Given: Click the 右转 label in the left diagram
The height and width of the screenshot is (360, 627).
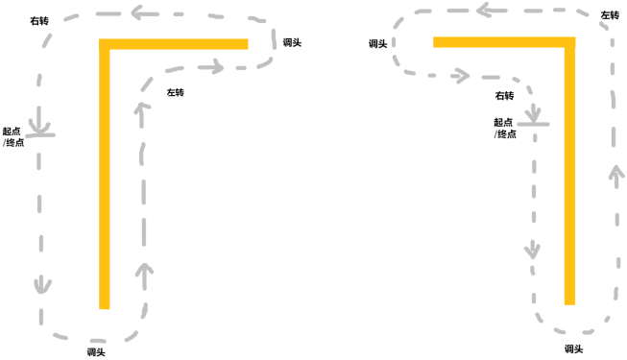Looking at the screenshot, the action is (39, 20).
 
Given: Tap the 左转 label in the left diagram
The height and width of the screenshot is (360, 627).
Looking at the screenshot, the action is (175, 92).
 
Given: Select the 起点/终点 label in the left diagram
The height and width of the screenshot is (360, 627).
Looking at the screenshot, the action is (13, 136).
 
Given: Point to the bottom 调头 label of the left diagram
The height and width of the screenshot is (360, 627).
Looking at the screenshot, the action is (96, 352).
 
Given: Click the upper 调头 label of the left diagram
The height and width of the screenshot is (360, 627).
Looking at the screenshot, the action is (292, 42).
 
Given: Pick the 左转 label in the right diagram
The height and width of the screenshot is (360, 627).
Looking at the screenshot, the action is (610, 15).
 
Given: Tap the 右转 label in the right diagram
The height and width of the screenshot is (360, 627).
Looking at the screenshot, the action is (504, 96).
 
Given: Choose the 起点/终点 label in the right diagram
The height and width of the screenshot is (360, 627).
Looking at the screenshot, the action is (505, 128).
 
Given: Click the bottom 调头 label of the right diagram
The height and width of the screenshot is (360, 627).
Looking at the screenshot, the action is (574, 348).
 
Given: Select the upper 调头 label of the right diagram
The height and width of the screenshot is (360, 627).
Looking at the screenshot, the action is (378, 43).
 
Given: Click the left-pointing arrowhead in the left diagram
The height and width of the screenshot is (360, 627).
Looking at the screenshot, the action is (138, 12).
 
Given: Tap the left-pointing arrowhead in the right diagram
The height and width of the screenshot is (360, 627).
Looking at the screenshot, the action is (484, 10).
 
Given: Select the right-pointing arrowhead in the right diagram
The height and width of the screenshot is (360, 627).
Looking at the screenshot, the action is (463, 76).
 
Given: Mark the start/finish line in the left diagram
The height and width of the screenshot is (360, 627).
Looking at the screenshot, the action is (40, 134).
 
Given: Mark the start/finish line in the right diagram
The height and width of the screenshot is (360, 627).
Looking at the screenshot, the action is (534, 125).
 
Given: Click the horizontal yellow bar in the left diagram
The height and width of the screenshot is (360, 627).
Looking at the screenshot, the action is (174, 44).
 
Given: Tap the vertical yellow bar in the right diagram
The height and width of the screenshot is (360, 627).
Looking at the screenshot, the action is (569, 171).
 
